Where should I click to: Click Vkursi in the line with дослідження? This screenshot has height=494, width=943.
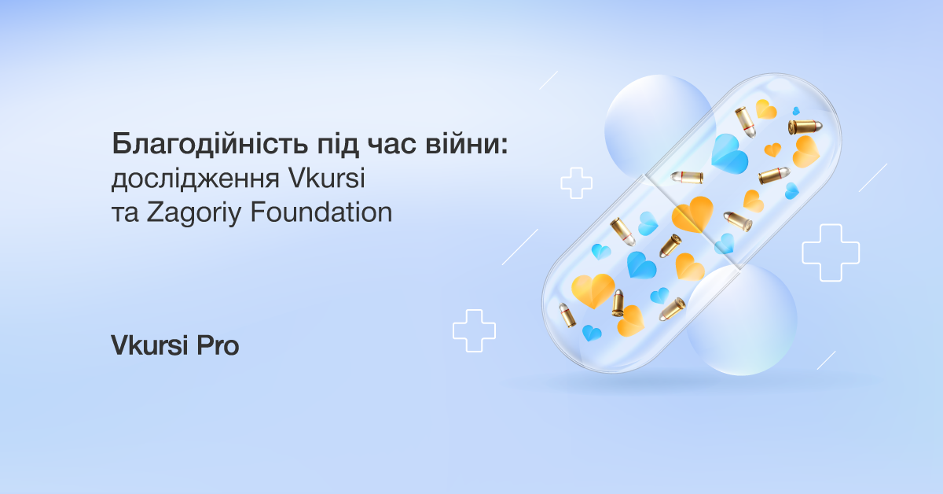pyautogui.click(x=327, y=178)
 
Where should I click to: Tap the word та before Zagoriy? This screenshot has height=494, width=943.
pyautogui.click(x=125, y=214)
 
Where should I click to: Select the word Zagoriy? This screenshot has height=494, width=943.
pyautogui.click(x=194, y=214)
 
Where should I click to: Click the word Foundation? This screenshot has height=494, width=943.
pyautogui.click(x=321, y=212)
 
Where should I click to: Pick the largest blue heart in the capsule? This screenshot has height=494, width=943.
pyautogui.click(x=728, y=154)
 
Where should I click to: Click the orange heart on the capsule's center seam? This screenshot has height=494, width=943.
pyautogui.click(x=692, y=215)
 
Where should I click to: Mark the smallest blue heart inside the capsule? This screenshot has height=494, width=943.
pyautogui.click(x=795, y=111)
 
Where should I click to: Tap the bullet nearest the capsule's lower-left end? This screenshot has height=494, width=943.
pyautogui.click(x=567, y=315)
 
